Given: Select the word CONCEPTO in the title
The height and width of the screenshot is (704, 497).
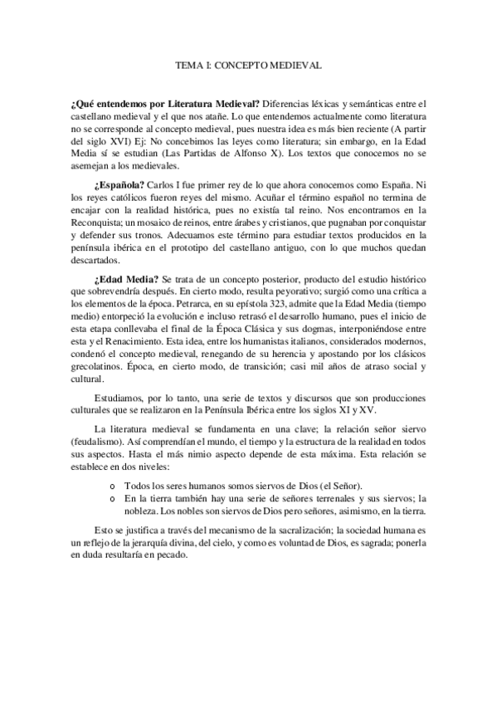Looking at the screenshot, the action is click(x=248, y=63).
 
